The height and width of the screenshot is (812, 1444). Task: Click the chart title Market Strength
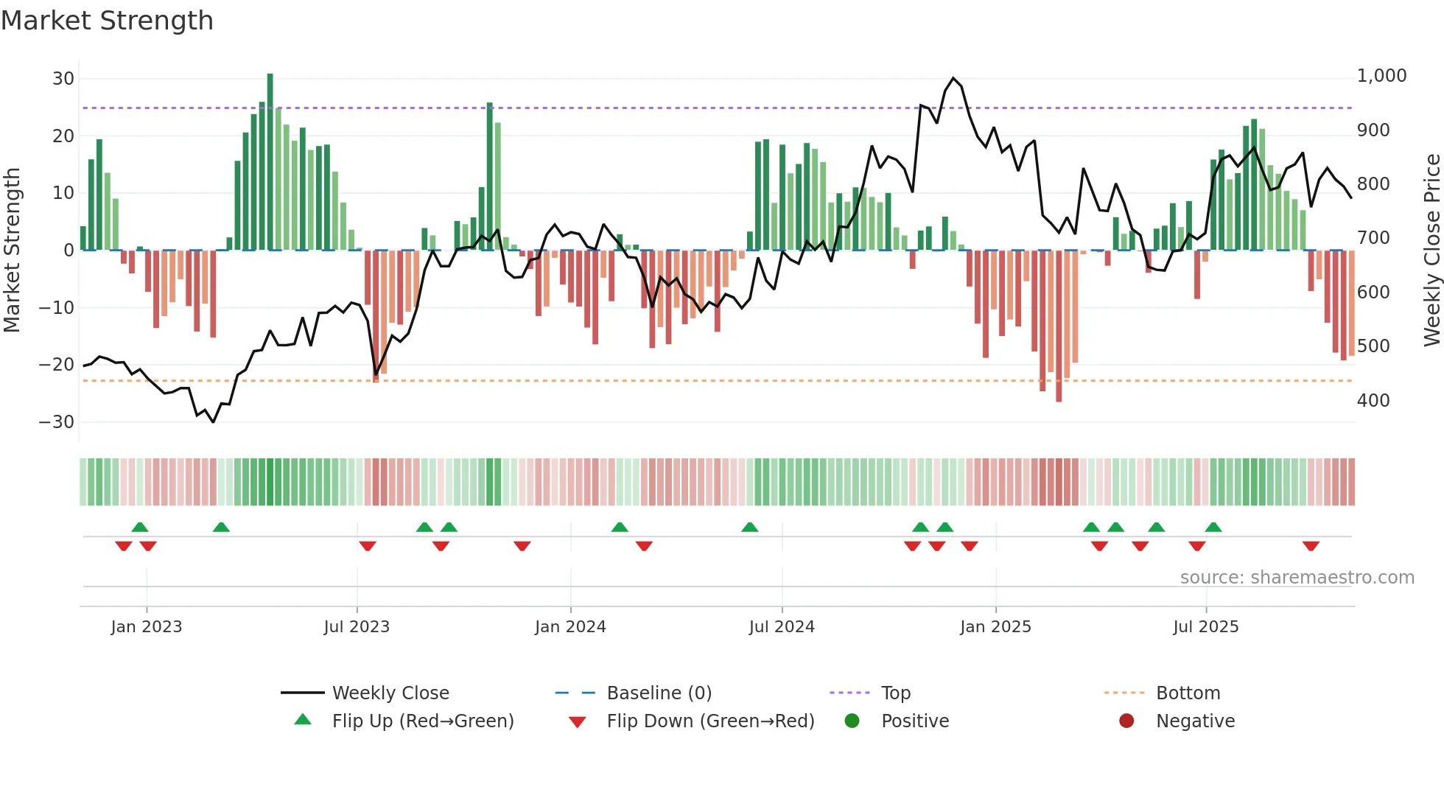108,21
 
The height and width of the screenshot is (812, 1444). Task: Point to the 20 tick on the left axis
63,136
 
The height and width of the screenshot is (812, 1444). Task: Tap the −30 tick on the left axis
57,422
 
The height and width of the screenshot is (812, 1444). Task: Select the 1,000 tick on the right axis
1381,76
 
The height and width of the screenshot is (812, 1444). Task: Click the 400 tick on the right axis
1373,401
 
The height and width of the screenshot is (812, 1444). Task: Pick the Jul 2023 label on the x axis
357,627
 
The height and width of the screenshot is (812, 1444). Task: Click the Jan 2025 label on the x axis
995,627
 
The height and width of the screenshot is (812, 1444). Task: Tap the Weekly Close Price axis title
1431,251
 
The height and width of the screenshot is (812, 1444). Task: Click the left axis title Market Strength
12,251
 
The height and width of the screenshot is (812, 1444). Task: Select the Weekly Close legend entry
390,693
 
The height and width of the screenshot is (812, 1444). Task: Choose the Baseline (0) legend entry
659,693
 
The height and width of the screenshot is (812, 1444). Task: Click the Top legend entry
895,693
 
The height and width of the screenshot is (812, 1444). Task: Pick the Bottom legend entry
1188,693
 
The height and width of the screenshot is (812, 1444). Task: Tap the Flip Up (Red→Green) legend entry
422,721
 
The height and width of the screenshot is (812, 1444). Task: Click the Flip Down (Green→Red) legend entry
709,721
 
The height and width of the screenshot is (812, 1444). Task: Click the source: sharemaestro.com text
1297,578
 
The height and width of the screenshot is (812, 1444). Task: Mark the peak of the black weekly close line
953,78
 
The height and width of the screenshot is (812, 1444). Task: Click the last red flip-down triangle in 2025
1311,546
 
